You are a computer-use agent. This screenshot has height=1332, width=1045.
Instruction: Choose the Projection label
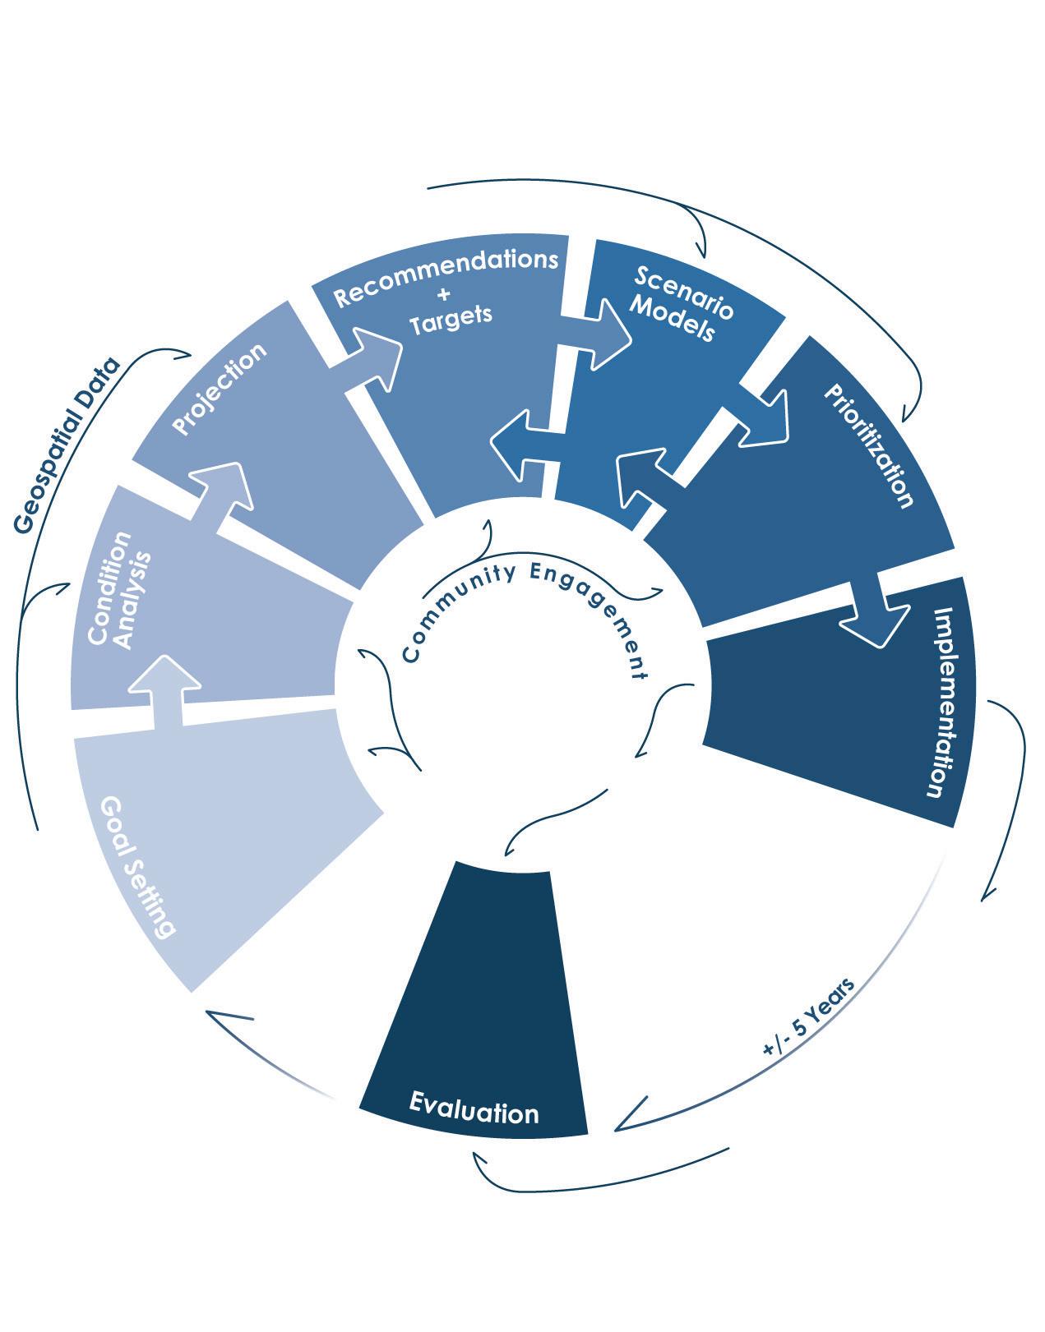pyautogui.click(x=220, y=389)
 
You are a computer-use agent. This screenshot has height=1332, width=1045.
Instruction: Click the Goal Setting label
pyautogui.click(x=137, y=867)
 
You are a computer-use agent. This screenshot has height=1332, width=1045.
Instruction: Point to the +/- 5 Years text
pyautogui.click(x=809, y=1016)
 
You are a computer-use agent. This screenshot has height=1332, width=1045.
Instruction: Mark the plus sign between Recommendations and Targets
pyautogui.click(x=445, y=296)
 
